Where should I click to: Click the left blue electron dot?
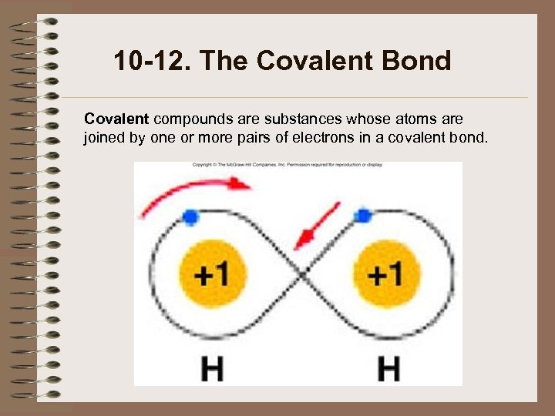[190, 216]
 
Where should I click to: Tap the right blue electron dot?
[361, 215]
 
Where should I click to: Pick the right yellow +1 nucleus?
[383, 273]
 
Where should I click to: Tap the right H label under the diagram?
[388, 367]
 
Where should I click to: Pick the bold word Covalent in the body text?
[116, 119]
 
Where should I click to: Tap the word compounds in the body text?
[190, 119]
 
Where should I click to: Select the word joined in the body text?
[103, 139]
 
